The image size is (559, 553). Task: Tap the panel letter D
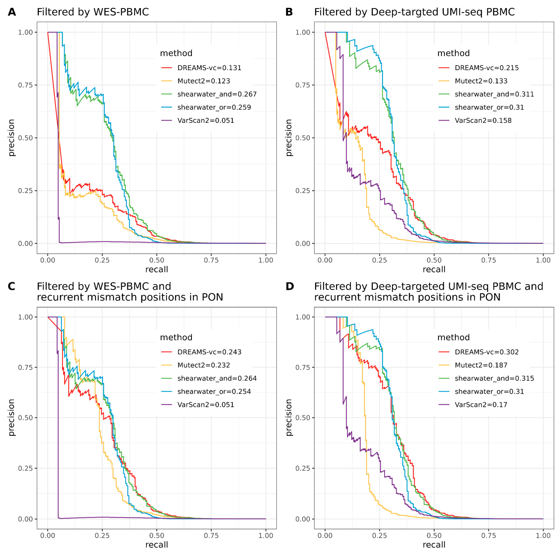[x=290, y=286]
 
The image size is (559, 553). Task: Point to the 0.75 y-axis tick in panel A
[x=25, y=85]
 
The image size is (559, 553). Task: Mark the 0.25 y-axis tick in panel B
[x=303, y=191]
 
